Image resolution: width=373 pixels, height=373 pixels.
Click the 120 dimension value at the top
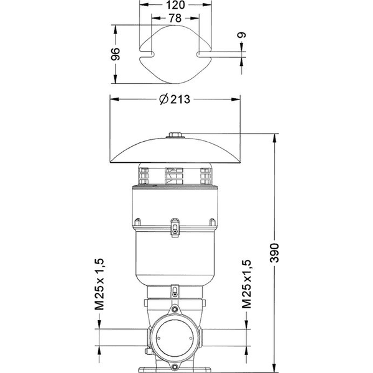[175, 6]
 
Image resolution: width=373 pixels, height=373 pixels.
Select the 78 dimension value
[175, 19]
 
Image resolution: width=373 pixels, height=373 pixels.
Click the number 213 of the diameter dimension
[180, 99]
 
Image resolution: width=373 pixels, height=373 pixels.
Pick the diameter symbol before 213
[163, 99]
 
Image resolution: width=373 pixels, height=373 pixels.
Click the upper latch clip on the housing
[175, 229]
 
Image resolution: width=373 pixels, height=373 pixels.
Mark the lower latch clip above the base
[175, 290]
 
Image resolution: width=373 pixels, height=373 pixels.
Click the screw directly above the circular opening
[175, 310]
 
